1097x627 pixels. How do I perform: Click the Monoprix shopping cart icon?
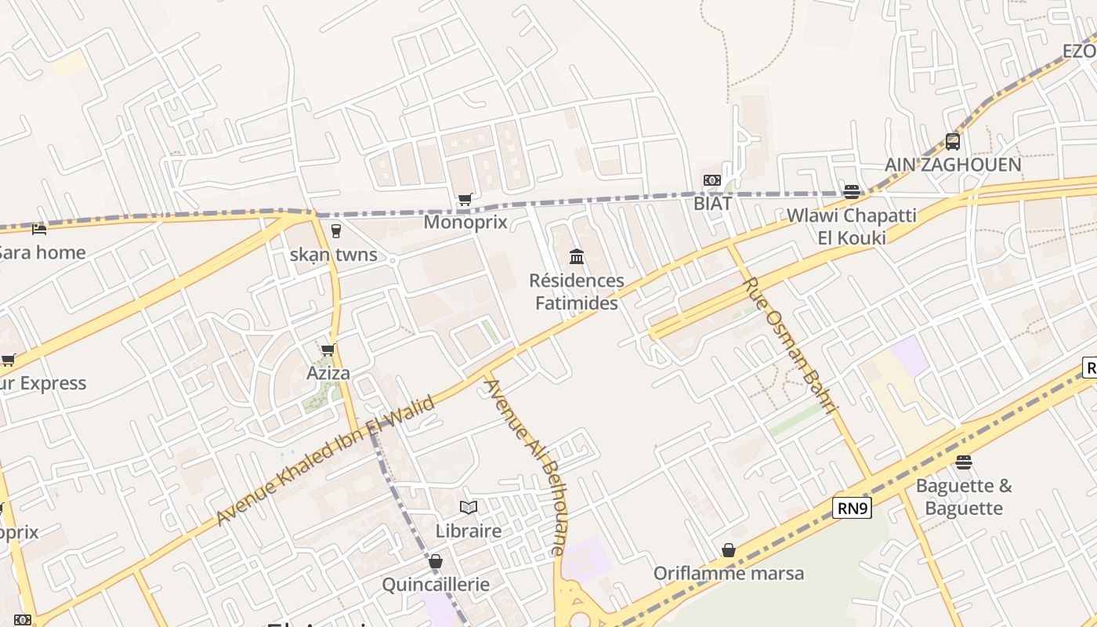coord(465,199)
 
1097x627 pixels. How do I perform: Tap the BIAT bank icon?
coord(711,180)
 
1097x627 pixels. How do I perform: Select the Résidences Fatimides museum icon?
coord(577,256)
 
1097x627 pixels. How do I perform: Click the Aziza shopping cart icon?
coord(328,350)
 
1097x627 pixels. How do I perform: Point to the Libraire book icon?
coord(469,508)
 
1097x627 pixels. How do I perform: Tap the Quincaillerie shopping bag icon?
coord(436,561)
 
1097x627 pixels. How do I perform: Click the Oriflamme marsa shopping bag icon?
coord(729,550)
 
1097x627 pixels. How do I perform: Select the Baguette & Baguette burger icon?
coord(964,462)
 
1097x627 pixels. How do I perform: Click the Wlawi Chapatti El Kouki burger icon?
coord(852,191)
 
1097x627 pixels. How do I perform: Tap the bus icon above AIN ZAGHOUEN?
coord(953,142)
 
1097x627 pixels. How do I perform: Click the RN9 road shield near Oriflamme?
coord(853,508)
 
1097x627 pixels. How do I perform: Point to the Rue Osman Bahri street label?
coord(790,345)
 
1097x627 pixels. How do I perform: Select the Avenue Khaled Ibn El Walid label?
coord(324,462)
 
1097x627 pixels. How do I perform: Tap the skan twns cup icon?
coord(336,230)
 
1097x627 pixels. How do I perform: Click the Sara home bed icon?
coord(39,229)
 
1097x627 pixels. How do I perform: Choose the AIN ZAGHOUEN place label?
coord(953,165)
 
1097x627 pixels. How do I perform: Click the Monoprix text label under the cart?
coord(465,222)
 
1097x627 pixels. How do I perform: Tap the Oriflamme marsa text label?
coord(729,574)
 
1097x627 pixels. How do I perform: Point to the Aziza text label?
coord(328,373)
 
